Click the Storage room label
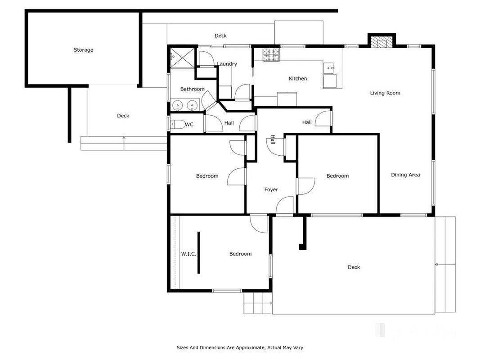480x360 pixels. click(x=83, y=50)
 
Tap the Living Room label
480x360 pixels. click(x=385, y=93)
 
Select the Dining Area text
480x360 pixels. click(x=405, y=175)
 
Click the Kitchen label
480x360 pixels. click(x=297, y=79)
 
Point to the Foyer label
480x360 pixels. click(x=271, y=190)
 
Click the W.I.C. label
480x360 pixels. click(x=188, y=254)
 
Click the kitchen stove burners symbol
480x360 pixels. click(x=271, y=55)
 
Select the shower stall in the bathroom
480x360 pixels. click(x=182, y=58)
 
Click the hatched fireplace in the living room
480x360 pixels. click(x=381, y=42)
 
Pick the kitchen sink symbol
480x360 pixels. click(x=329, y=68)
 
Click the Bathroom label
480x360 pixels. click(x=192, y=89)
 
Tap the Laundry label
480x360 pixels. click(x=227, y=63)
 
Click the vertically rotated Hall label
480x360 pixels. click(x=273, y=139)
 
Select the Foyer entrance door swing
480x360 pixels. click(x=285, y=205)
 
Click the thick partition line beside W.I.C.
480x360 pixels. click(x=199, y=252)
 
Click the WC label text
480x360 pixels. click(x=189, y=125)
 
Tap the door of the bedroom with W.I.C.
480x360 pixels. click(x=259, y=224)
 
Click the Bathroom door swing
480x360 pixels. click(x=209, y=100)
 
